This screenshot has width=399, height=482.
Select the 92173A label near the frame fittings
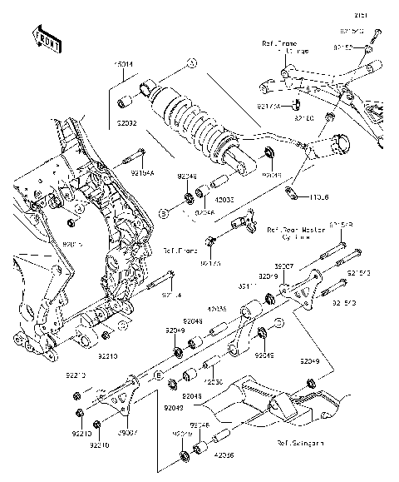coord(210,263)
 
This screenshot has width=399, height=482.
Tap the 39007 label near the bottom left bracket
coord(126,434)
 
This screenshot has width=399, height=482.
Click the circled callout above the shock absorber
coord(190,62)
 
